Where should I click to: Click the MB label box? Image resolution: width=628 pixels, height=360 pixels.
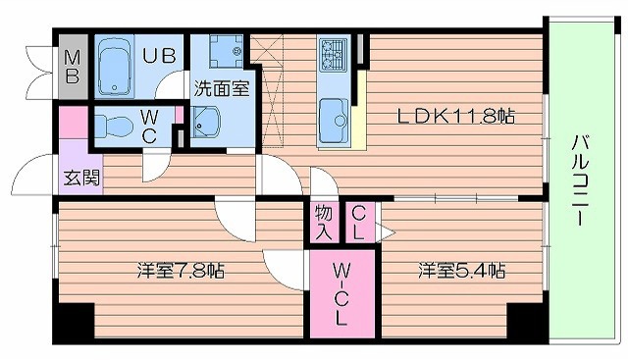[72, 67]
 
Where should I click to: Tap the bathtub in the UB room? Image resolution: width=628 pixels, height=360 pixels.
[119, 65]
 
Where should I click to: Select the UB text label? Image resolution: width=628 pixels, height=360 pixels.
[162, 55]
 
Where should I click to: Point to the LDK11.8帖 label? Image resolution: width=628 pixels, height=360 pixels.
[455, 115]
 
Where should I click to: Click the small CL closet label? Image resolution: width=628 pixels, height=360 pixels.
[360, 222]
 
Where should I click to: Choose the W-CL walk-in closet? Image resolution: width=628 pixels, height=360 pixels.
[341, 291]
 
